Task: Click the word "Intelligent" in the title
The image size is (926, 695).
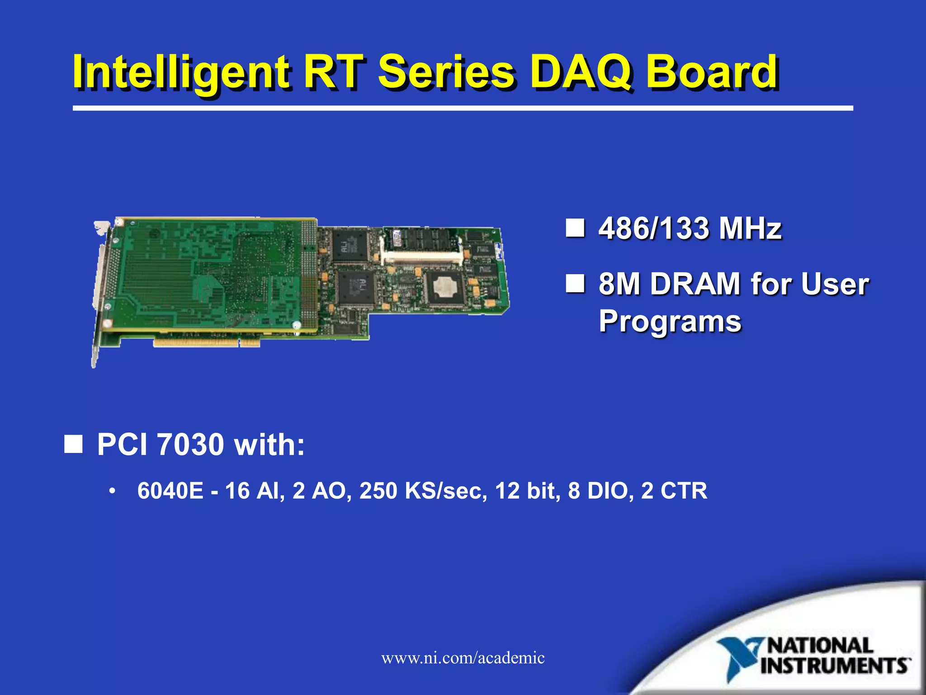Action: [181, 72]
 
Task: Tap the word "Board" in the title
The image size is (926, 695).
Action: [712, 72]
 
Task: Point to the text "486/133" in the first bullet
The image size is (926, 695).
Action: [653, 228]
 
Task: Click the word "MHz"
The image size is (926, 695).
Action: [751, 228]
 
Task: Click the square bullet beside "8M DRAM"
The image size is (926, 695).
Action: [575, 284]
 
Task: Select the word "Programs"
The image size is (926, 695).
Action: [670, 321]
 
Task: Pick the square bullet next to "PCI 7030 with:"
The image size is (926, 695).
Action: [73, 444]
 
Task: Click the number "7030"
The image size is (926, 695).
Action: [190, 444]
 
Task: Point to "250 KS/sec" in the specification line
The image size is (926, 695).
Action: [423, 491]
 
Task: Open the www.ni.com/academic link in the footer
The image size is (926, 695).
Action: [463, 657]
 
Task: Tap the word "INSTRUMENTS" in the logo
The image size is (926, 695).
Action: [835, 666]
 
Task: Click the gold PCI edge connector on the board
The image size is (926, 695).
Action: [206, 343]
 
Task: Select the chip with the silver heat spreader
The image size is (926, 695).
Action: [445, 287]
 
